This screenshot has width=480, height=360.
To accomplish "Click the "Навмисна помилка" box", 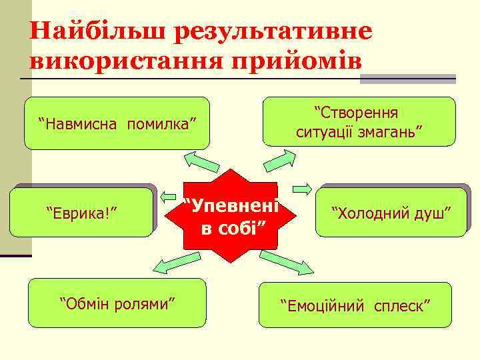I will (117, 123).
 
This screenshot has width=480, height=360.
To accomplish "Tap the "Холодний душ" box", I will (391, 213).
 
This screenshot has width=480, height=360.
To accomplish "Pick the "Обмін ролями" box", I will (117, 304).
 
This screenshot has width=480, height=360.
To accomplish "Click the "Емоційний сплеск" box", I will (355, 305).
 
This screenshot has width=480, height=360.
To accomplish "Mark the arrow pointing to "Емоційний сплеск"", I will (285, 263).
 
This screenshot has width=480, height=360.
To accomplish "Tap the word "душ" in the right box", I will (438, 213).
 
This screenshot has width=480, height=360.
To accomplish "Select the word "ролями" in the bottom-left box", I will (148, 305).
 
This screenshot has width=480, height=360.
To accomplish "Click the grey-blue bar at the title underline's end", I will (407, 79).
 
